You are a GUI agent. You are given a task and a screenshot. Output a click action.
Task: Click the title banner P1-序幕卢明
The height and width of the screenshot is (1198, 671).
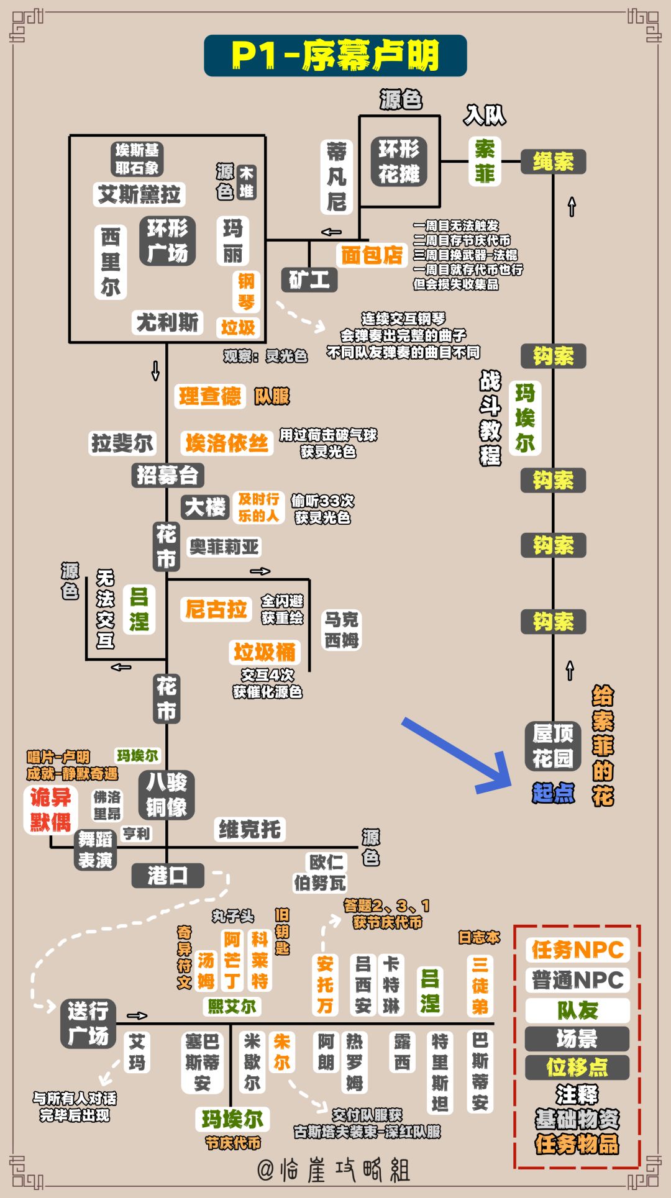(x=335, y=56)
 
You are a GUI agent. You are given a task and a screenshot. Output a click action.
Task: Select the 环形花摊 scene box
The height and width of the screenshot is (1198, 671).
(x=399, y=161)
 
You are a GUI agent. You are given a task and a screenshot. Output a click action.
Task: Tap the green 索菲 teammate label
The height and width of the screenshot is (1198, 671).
(x=485, y=161)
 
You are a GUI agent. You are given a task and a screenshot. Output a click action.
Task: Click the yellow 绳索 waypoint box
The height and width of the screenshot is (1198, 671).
(x=553, y=162)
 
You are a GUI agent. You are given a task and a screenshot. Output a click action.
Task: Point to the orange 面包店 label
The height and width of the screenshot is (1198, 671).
(x=372, y=255)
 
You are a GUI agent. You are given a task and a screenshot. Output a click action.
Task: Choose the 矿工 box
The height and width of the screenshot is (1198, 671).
(x=309, y=280)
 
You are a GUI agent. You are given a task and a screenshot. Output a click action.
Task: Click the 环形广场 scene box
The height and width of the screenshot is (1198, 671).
(x=168, y=241)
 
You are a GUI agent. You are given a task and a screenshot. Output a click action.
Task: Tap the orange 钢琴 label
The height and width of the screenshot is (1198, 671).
(x=247, y=292)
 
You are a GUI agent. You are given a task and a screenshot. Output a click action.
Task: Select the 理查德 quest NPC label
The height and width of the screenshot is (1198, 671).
(x=210, y=396)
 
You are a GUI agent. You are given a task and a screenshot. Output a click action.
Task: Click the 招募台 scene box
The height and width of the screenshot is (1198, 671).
(x=168, y=476)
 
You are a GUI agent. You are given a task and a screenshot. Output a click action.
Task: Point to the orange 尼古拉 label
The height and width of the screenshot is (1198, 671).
(x=216, y=609)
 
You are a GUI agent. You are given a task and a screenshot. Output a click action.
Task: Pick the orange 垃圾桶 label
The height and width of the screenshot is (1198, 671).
(x=265, y=652)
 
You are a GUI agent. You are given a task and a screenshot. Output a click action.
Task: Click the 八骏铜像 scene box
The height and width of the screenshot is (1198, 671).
(x=167, y=795)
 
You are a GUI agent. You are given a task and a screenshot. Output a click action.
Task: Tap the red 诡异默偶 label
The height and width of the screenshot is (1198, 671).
(x=51, y=810)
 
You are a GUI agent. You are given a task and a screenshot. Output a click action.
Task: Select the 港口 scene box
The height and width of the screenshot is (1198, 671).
(x=168, y=876)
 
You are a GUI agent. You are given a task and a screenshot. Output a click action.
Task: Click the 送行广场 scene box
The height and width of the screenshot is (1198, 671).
(x=88, y=1024)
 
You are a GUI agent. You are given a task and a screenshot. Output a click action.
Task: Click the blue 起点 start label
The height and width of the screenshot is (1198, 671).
(x=553, y=793)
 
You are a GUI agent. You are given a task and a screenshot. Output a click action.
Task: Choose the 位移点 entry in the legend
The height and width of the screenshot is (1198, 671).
(x=577, y=1068)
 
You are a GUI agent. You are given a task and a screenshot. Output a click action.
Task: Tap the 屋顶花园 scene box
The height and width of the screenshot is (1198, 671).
(x=553, y=746)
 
